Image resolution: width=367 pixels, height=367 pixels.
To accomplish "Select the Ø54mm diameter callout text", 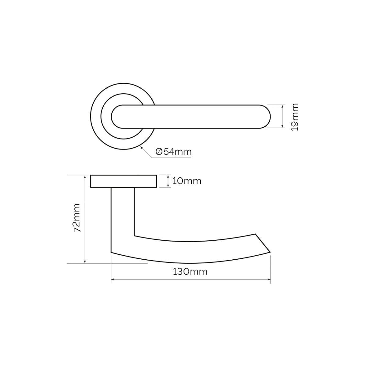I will (x=173, y=152).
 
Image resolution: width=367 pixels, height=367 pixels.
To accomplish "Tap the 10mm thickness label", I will (x=187, y=181).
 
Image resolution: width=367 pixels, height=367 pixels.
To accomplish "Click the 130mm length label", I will (x=190, y=271).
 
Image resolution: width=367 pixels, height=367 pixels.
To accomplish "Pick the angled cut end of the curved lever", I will (x=263, y=243).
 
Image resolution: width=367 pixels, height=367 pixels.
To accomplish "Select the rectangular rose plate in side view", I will (x=124, y=181).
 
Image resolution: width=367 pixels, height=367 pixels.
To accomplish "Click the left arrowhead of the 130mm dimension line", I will (x=112, y=279).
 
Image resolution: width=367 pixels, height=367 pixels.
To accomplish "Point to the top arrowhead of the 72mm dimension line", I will (x=85, y=176).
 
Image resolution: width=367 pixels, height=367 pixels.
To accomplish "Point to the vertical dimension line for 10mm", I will (x=168, y=181).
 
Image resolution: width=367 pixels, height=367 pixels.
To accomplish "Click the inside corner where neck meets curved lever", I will (x=135, y=235).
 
